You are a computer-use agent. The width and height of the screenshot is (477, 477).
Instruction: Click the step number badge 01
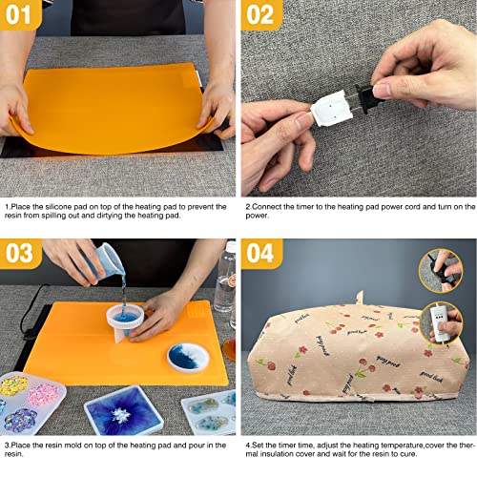click(22, 16)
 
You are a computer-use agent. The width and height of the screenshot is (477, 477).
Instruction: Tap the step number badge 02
click(262, 16)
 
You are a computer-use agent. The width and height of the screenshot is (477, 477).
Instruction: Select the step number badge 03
click(22, 255)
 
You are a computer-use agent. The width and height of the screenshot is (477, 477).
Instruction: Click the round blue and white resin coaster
click(188, 358)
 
